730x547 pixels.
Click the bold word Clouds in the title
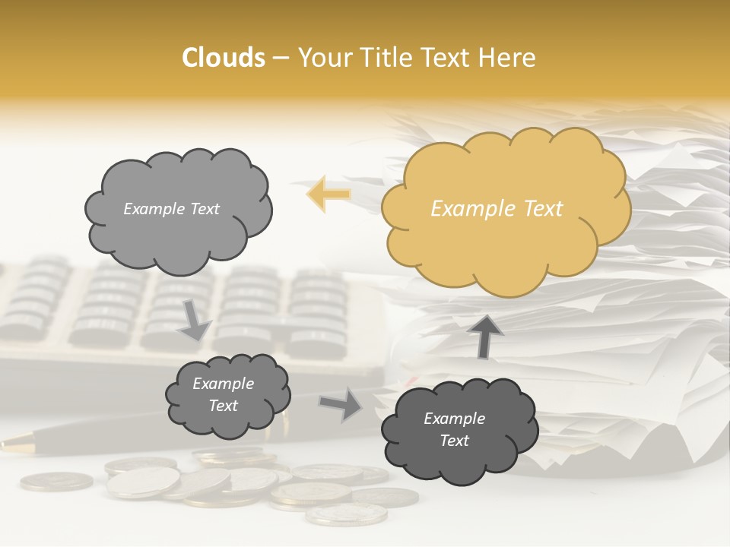(224, 58)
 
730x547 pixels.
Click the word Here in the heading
(509, 58)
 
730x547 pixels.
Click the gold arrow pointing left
(328, 194)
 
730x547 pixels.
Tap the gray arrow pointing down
(195, 319)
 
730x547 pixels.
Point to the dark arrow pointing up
(484, 335)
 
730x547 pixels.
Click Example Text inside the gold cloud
(497, 209)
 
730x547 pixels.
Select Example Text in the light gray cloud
(171, 209)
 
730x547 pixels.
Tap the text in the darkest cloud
(454, 429)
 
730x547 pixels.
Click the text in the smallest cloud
(223, 394)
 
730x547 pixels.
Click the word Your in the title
(324, 58)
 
